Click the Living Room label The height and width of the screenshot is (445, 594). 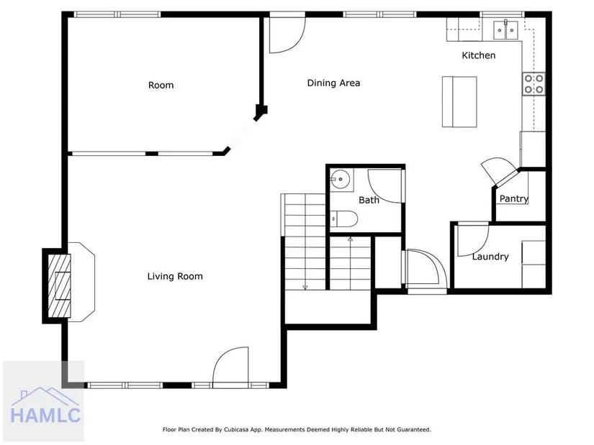click(175, 277)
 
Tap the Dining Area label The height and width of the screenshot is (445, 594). click(333, 83)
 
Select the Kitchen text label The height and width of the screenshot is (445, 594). click(479, 55)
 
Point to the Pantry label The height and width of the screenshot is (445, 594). click(513, 198)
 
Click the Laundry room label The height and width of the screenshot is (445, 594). click(490, 257)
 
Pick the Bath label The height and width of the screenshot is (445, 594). click(369, 200)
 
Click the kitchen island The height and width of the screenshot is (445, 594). click(459, 102)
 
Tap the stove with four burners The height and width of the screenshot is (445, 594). click(534, 84)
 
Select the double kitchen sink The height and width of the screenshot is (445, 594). click(505, 30)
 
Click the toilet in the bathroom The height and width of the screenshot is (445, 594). click(343, 219)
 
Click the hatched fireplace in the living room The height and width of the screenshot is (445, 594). click(60, 285)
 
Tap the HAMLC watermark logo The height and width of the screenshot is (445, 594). click(45, 405)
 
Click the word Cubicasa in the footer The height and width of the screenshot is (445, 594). click(235, 430)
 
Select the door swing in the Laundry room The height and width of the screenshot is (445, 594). click(473, 241)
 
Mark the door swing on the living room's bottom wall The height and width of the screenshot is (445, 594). click(230, 366)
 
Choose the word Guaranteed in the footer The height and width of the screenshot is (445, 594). click(415, 430)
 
